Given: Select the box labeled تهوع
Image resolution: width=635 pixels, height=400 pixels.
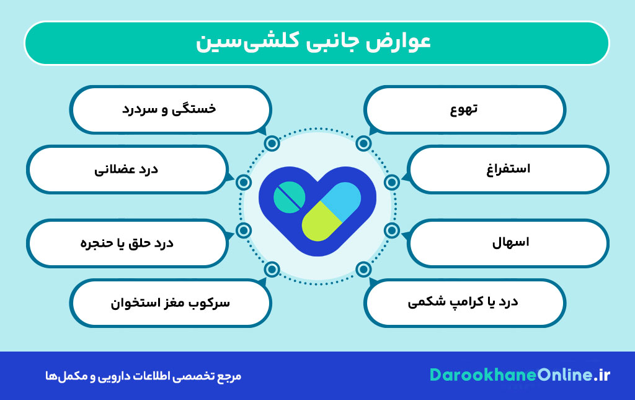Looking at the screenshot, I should coord(464,110).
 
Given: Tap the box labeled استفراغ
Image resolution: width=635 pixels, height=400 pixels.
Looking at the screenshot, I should coord(508,169).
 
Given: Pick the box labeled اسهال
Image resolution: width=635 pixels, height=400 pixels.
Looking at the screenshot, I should coord(508,242).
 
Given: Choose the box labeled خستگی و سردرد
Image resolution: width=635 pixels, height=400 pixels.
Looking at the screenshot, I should coord(171,109).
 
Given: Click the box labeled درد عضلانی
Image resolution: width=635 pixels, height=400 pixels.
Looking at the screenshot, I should coord(127,169).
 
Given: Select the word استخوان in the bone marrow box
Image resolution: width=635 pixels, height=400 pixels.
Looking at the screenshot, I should coord(133,303).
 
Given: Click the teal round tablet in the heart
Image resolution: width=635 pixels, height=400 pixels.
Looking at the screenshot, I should coord(290,196).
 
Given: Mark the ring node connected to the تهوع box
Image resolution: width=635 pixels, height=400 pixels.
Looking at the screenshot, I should coord(364,144).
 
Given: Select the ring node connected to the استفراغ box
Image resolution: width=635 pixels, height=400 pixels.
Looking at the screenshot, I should coord(391,183).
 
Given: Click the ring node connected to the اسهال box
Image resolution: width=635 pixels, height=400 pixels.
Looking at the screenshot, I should coord(391,230).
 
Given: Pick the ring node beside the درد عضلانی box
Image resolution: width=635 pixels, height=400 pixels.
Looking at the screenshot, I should coord(244,183).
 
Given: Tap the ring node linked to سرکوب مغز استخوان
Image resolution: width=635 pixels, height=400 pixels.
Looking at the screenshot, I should coord(271,270).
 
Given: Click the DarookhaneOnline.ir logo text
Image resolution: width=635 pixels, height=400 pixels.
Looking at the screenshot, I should coord(520,375).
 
